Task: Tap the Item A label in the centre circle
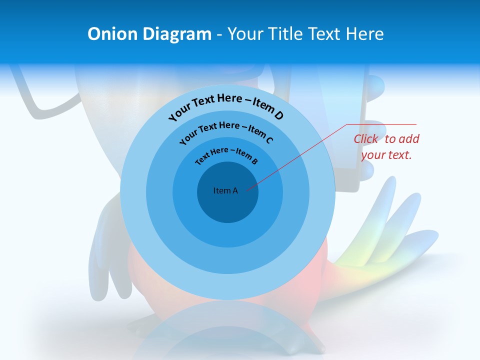click(225, 190)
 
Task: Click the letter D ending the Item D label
click(278, 116)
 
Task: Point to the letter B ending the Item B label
click(254, 161)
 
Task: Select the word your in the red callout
click(372, 155)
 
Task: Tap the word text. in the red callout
click(400, 155)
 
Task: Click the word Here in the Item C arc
click(229, 125)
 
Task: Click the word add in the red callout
click(409, 139)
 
